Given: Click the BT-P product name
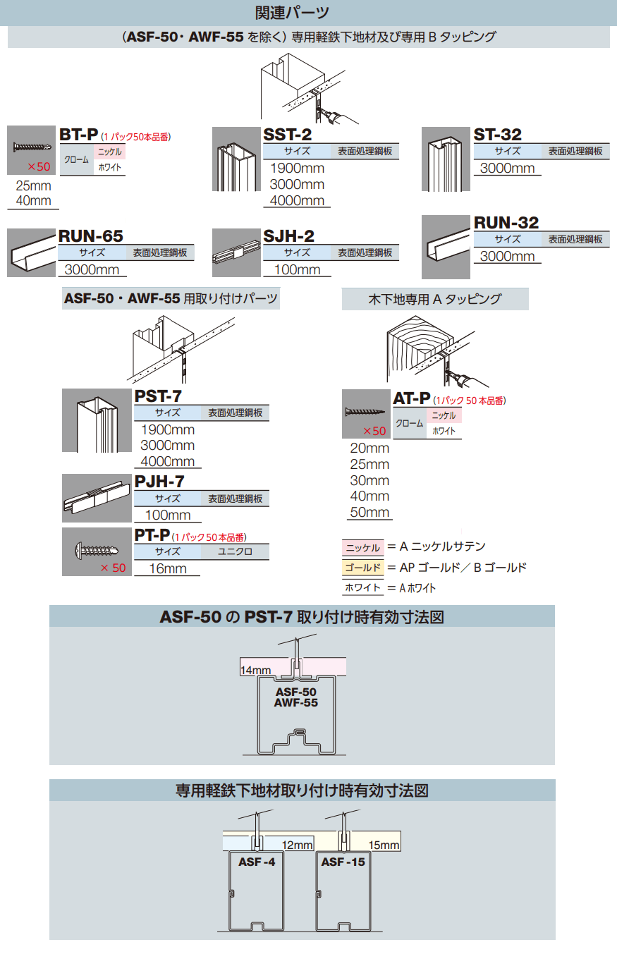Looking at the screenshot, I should coord(78,135).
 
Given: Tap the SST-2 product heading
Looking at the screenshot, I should coord(287,135).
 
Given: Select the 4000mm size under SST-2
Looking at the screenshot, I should coord(297,201).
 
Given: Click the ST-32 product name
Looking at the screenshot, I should coord(497,135).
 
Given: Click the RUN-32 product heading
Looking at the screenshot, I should coord(506,223).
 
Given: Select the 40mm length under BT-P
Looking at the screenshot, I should coord(32,201).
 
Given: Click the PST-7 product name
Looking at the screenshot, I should coord(158,397).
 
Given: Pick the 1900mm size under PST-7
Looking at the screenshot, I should coord(168,429).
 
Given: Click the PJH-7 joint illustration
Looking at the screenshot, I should coord(97,497).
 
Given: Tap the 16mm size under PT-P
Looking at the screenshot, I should coord(167,569).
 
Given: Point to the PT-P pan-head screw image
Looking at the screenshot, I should coord(97,548).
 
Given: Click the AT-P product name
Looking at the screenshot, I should coord(411,398).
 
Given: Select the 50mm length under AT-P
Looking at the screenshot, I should coord(369,513).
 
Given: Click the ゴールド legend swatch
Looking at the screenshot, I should coord(362,568).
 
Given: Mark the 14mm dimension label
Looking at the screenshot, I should coord(255,669).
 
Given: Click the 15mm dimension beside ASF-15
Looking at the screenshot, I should coord(384,845).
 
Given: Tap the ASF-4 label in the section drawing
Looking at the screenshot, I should coord(256,861).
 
